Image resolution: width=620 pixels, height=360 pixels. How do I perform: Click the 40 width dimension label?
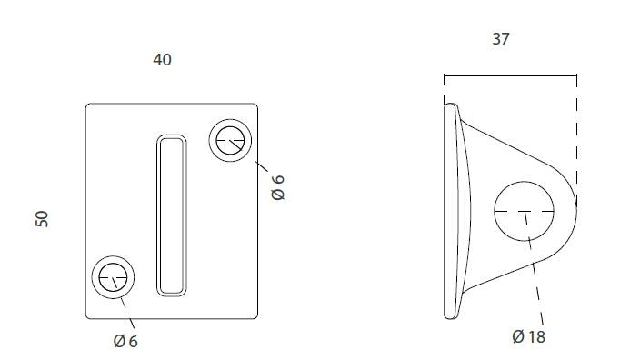[162, 60]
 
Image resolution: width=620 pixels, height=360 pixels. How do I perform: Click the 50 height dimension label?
[42, 219]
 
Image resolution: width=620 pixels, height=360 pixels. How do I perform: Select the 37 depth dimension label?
[501, 39]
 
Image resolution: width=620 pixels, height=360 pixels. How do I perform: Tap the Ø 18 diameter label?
[529, 336]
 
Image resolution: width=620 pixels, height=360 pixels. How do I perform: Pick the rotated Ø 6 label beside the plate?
[278, 187]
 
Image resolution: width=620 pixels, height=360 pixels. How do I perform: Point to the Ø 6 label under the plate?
[125, 341]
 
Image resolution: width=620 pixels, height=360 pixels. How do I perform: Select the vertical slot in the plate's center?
[172, 215]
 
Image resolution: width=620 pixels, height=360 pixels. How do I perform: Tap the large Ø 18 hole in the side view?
[525, 182]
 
